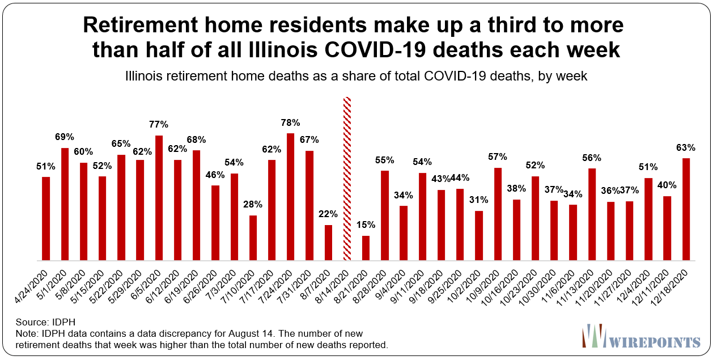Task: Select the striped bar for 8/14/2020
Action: (347, 179)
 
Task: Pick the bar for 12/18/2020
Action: (686, 209)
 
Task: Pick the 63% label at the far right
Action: (686, 147)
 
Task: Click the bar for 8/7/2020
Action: (328, 243)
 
